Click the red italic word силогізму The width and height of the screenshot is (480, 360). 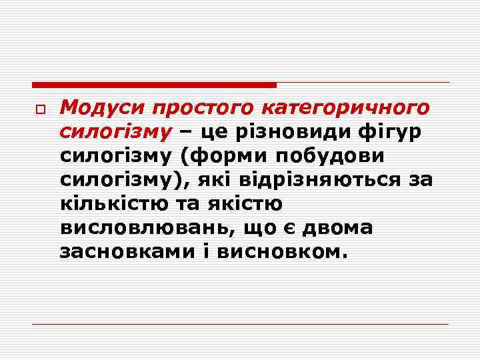(x=115, y=132)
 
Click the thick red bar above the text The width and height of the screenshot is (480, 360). (x=154, y=85)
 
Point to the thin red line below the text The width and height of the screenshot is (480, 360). (x=240, y=324)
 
